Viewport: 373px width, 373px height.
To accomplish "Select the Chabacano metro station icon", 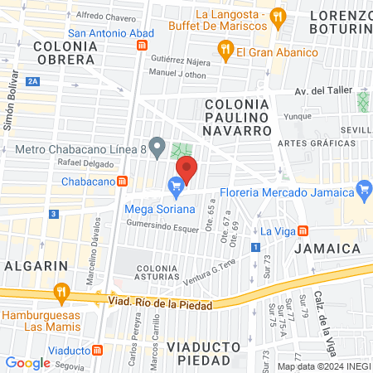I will pos(122,181).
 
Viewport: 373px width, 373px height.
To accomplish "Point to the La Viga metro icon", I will pos(304,230).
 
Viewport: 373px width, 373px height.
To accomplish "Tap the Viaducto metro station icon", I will pos(99,351).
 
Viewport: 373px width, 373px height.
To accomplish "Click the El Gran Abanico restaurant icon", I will pos(224,51).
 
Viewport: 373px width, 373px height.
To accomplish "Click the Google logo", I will pos(27,362).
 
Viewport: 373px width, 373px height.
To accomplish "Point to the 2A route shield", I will pos(33,80).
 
